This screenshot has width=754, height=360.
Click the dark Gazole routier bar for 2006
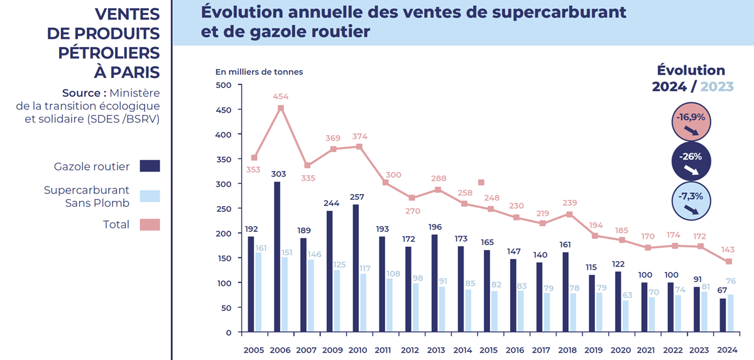tap(277, 257)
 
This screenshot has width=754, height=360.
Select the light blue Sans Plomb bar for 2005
tap(258, 292)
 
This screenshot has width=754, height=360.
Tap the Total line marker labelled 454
tap(281, 108)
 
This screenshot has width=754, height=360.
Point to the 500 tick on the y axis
tap(224, 85)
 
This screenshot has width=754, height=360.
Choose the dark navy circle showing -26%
tap(691, 161)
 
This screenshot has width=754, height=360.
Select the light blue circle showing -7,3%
tap(691, 201)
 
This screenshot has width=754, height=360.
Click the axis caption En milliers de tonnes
tap(259, 72)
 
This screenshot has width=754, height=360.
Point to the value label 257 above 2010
tap(356, 197)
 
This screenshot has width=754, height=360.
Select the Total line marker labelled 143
tap(729, 261)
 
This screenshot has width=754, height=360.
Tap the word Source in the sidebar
tap(80, 92)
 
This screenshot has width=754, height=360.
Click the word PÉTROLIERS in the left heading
tap(109, 53)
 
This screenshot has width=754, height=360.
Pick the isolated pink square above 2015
tap(481, 182)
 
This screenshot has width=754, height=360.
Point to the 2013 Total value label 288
tap(438, 178)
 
